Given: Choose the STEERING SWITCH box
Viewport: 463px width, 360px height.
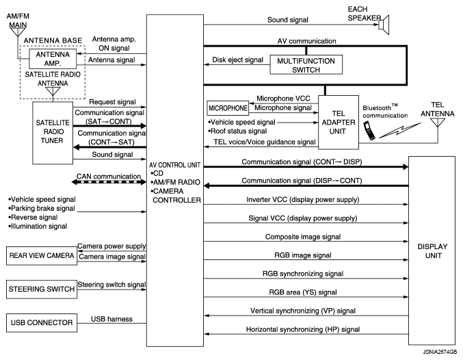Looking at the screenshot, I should (x=40, y=289).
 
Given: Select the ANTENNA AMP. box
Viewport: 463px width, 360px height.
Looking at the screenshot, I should (x=53, y=59).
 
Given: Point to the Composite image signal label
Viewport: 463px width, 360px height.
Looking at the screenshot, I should (x=302, y=237).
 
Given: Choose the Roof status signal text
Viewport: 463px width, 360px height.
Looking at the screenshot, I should (x=240, y=131).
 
